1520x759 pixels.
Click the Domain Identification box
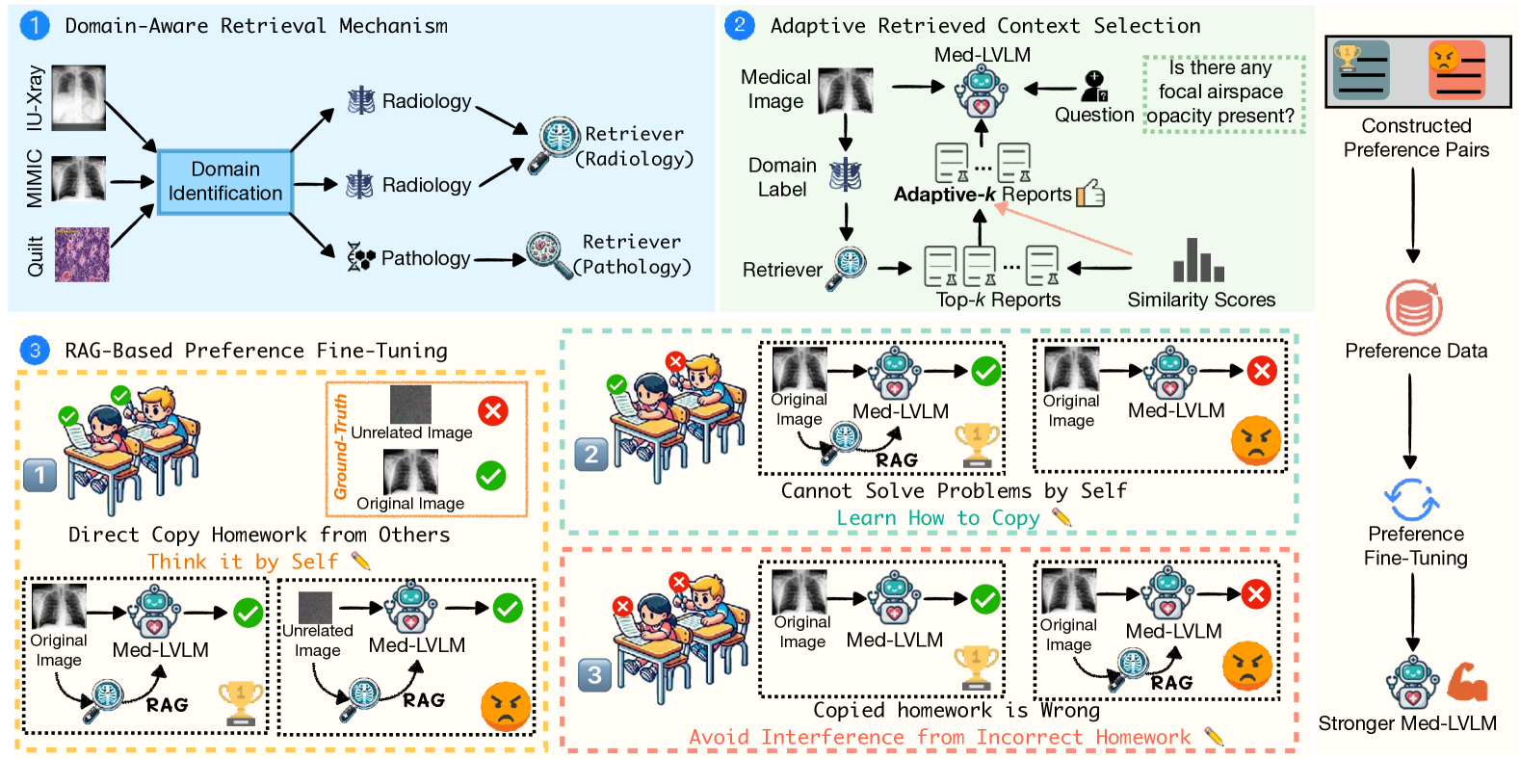coord(225,182)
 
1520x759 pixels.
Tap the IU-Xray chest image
coord(79,97)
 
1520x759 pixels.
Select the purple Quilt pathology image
coord(82,254)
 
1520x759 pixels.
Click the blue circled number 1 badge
coord(35,26)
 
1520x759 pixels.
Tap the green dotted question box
coord(1223,92)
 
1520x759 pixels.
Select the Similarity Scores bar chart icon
coord(1198,260)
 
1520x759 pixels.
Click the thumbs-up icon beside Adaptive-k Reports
coord(1089,194)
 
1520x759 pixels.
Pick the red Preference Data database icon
coord(1414,308)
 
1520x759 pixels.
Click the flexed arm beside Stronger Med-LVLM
coord(1467,682)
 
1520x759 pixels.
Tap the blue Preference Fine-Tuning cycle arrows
coord(1411,500)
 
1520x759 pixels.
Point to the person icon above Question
coord(1094,86)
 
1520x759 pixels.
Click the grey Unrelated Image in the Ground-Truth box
coord(410,405)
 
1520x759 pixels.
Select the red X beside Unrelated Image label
coord(492,411)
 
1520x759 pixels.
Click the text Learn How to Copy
coord(938,517)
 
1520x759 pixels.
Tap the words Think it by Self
coord(243,562)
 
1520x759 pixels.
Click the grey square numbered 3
coord(594,674)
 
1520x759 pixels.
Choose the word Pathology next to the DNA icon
coord(426,258)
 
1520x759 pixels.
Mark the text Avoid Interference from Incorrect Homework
coord(940,737)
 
